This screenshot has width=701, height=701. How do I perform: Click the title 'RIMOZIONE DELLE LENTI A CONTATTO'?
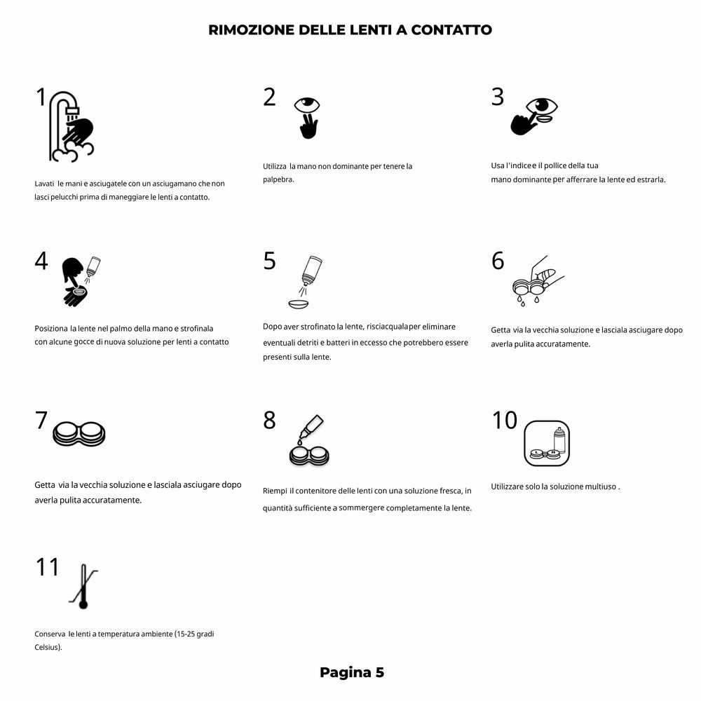[350, 30]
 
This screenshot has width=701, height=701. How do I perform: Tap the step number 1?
[41, 98]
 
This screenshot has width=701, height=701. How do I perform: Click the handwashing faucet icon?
[71, 126]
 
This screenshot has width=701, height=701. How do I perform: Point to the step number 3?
[498, 97]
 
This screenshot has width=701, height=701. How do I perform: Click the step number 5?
[270, 261]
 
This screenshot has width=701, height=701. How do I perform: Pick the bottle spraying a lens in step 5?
[306, 282]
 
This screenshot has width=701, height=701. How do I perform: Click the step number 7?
[41, 421]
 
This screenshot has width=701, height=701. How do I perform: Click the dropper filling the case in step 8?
[308, 442]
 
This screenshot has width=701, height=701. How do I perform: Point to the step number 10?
[505, 421]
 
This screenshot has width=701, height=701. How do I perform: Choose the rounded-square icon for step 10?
[547, 444]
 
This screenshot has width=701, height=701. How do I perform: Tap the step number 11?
[48, 566]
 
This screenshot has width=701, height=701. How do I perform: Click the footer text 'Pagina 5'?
[352, 673]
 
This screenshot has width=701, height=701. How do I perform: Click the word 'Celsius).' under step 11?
[48, 647]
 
